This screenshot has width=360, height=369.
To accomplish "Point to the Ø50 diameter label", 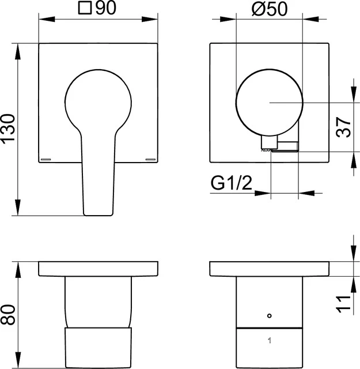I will (268, 9).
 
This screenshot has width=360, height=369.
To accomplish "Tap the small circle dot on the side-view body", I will (268, 316).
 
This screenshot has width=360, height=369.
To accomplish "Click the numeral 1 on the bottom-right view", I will (268, 340).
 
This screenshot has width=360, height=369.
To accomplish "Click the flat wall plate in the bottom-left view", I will (98, 269).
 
